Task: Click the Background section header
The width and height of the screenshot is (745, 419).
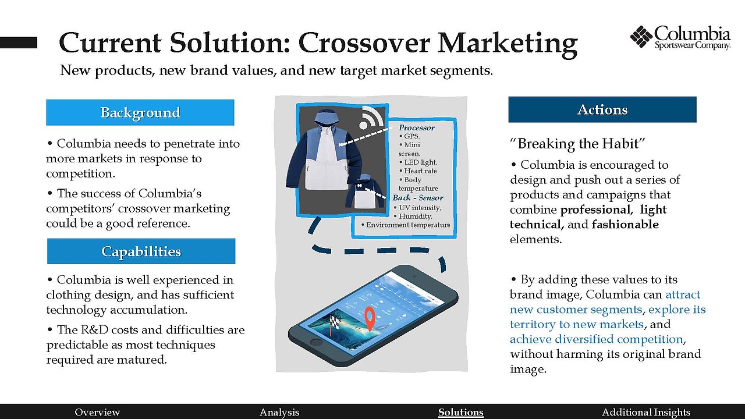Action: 140,112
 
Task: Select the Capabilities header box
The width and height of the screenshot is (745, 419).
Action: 141,251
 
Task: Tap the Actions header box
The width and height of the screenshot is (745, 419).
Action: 602,109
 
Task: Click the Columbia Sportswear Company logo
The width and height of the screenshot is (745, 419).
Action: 680,37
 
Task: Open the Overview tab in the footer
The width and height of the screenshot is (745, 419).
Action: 97,413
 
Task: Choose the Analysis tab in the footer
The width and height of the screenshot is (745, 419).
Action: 279,413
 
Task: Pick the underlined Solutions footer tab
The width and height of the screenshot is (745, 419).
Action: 460,413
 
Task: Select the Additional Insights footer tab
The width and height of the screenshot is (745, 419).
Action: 646,413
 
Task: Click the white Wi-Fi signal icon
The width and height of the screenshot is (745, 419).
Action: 371,118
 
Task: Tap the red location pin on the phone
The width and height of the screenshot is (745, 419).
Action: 370,318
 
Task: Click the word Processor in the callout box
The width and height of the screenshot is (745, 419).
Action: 416,127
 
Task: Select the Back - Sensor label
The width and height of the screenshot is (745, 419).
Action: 418,198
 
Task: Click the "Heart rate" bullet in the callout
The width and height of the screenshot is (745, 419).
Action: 418,171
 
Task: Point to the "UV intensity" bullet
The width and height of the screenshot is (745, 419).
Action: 418,208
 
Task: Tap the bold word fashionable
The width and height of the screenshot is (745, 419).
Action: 625,225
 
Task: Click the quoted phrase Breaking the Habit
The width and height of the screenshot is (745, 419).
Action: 577,144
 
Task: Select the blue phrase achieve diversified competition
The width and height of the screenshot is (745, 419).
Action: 597,339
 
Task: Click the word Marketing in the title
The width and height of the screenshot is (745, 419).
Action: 508,43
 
